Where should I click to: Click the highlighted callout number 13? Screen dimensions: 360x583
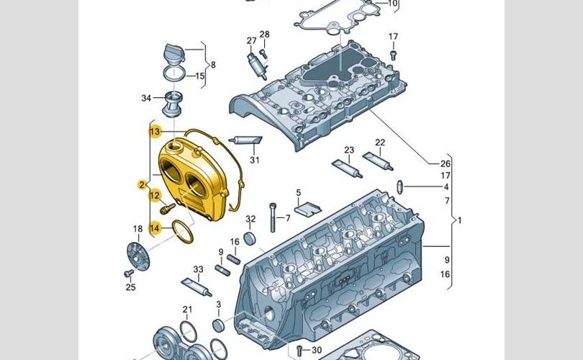pos(155,132)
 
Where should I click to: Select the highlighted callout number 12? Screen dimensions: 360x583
pos(155,194)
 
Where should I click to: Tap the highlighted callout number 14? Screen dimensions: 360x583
pos(155,228)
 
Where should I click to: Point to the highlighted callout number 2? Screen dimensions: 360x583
pos(143,186)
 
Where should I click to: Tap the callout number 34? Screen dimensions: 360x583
pos(147,98)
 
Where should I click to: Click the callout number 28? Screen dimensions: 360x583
pos(264,35)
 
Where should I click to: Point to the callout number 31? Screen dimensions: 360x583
pos(254,159)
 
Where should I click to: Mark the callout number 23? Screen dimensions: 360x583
pos(349,150)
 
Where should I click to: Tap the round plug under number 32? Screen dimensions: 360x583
pos(251,239)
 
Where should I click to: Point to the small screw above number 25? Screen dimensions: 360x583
pos(127,274)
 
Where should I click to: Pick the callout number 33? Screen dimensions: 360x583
pos(198,270)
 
